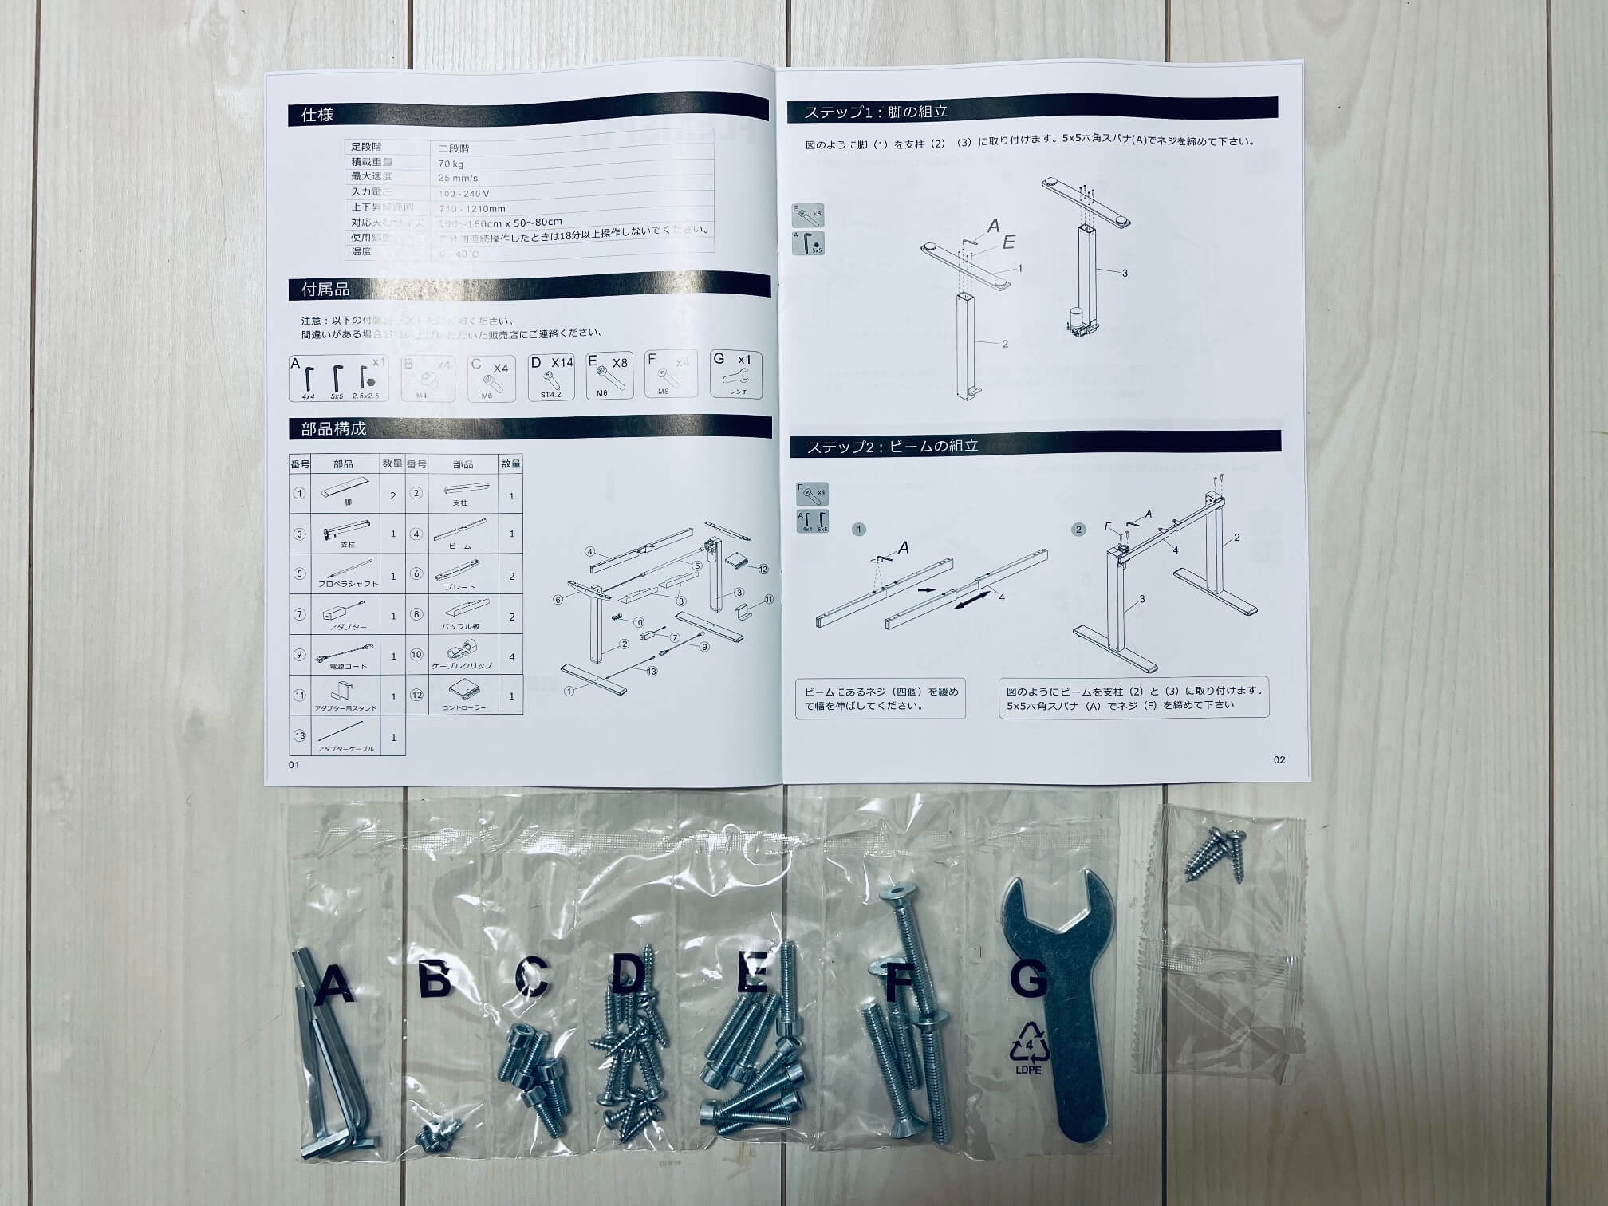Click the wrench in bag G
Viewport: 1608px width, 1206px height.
[x=1057, y=1005]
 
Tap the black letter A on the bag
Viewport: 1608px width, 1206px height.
[x=334, y=984]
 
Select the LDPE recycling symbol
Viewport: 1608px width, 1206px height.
[x=1028, y=1046]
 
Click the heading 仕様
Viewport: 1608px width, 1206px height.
[x=317, y=115]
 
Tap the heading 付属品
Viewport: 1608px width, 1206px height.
[x=325, y=290]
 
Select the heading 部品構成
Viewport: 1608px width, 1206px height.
[x=333, y=428]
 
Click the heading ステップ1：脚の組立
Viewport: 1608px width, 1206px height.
[x=875, y=112]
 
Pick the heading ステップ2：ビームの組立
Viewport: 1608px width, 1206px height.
[x=892, y=446]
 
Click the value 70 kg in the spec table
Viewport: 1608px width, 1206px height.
[x=451, y=164]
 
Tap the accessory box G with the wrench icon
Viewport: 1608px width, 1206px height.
[x=735, y=374]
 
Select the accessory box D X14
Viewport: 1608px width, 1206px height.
[x=551, y=377]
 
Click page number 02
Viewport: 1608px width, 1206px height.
[x=1279, y=759]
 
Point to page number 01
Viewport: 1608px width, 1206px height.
[x=294, y=764]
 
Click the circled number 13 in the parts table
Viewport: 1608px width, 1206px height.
[x=300, y=735]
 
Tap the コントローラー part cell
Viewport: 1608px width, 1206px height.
[x=463, y=696]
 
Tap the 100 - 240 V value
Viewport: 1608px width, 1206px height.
[x=463, y=193]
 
